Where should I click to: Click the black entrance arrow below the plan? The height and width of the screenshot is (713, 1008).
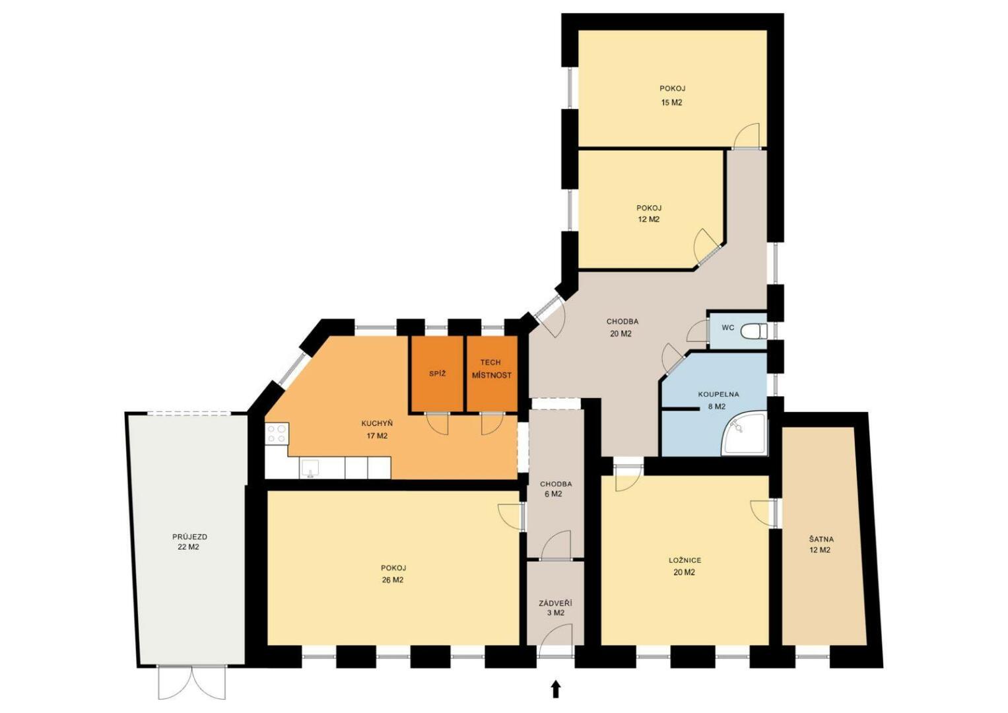click(x=556, y=689)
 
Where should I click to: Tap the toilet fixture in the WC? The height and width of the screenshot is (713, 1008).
click(x=754, y=331)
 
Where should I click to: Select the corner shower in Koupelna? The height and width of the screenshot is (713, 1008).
click(x=744, y=433)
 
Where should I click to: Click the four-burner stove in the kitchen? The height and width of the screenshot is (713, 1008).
click(x=277, y=434)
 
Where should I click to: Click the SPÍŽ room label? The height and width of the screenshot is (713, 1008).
click(x=437, y=374)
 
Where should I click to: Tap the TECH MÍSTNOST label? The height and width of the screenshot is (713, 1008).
click(x=491, y=368)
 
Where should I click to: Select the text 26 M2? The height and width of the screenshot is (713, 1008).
click(x=392, y=580)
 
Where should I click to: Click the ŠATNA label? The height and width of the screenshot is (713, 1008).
click(x=821, y=539)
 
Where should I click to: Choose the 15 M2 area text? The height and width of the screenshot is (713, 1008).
click(x=671, y=102)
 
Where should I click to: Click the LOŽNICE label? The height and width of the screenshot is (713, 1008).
click(x=685, y=560)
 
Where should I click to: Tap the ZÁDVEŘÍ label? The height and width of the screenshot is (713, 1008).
click(x=556, y=603)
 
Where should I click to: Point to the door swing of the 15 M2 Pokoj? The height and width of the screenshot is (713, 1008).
click(x=747, y=135)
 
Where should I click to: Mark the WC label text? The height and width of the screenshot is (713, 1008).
click(x=727, y=327)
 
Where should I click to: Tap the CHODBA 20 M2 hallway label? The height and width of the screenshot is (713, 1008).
click(x=622, y=327)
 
